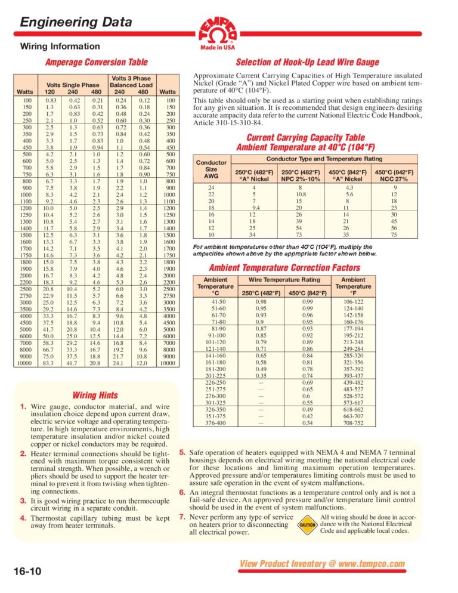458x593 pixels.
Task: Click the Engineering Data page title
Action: click(x=76, y=23)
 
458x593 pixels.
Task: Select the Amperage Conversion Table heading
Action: click(x=97, y=62)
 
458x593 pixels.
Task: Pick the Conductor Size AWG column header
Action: click(x=211, y=169)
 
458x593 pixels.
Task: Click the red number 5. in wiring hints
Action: click(x=183, y=453)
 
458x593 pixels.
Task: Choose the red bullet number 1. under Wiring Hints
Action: click(x=23, y=407)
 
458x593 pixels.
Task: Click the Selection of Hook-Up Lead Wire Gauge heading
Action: click(x=307, y=62)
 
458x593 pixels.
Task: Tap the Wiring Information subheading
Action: click(x=51, y=46)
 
